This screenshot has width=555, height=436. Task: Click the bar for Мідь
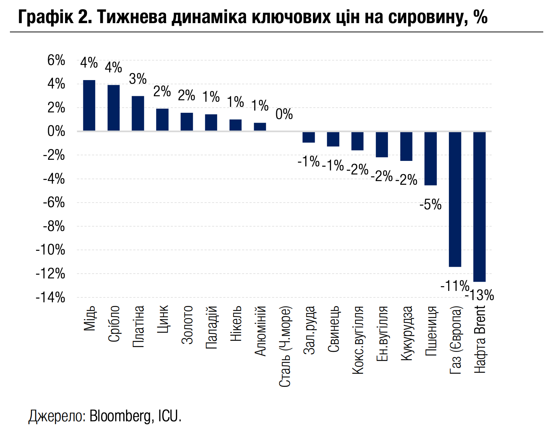pyautogui.click(x=89, y=105)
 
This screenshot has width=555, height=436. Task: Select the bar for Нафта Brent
pyautogui.click(x=479, y=207)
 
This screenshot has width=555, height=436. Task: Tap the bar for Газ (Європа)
pyautogui.click(x=455, y=199)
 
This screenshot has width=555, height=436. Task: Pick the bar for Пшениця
pyautogui.click(x=430, y=158)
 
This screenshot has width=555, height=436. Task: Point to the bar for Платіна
pyautogui.click(x=138, y=113)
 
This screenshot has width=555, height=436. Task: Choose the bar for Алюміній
pyautogui.click(x=260, y=127)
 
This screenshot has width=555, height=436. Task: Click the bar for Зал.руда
pyautogui.click(x=309, y=137)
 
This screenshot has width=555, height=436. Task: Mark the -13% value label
pyautogui.click(x=479, y=295)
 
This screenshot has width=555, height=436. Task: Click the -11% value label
pyautogui.click(x=455, y=285)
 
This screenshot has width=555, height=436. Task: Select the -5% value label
pyautogui.click(x=430, y=205)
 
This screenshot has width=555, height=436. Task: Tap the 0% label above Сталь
pyautogui.click(x=284, y=114)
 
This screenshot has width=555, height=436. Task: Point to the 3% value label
pyautogui.click(x=138, y=79)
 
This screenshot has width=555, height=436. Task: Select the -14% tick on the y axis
pyautogui.click(x=50, y=298)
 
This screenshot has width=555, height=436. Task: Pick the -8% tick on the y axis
pyautogui.click(x=54, y=226)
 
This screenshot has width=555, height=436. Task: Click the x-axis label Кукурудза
pyautogui.click(x=406, y=333)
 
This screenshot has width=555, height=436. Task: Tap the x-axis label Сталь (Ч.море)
pyautogui.click(x=285, y=346)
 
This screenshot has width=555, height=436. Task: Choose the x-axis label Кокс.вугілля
pyautogui.click(x=357, y=340)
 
